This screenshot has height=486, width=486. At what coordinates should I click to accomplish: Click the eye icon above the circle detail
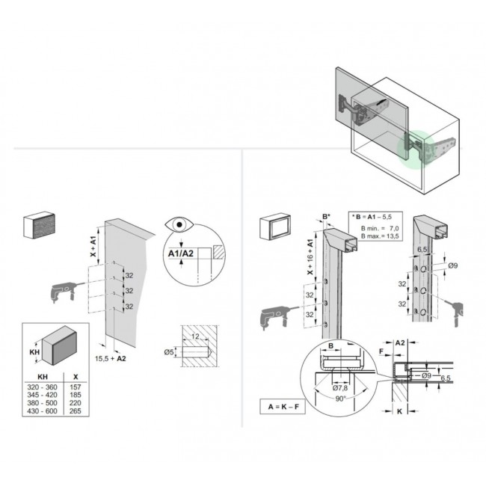coord(179,225)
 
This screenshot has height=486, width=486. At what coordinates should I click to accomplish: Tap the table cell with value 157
coord(76,387)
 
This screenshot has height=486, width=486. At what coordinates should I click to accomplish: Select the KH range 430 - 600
coord(42,411)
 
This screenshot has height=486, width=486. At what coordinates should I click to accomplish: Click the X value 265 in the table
coord(76,411)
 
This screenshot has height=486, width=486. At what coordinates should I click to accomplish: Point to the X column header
coord(76,377)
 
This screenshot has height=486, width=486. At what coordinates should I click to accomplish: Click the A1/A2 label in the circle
coord(181,253)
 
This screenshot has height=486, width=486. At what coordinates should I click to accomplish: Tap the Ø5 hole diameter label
coord(169,352)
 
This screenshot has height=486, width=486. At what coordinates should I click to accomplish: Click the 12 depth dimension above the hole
coord(195,336)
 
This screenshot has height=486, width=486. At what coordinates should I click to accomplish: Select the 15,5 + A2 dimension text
coord(111,359)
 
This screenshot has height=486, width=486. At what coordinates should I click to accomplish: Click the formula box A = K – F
coord(283,406)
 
